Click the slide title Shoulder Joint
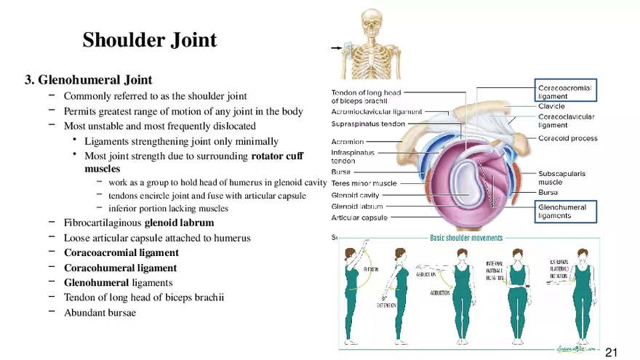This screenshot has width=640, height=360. [x=149, y=40]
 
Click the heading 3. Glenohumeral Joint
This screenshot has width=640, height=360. [x=88, y=79]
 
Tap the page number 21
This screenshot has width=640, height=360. [x=611, y=352]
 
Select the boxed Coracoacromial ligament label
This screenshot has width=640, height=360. [x=565, y=92]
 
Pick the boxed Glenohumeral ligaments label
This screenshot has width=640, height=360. [x=561, y=212]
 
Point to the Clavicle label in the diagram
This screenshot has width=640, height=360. [x=551, y=106]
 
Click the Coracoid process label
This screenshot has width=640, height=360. [x=567, y=138]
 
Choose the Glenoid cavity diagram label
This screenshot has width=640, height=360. [x=355, y=195]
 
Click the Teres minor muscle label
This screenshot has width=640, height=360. [x=364, y=183]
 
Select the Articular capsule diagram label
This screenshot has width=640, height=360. [x=359, y=217]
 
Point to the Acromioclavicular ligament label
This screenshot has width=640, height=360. [x=377, y=113]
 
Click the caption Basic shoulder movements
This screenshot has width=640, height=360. [x=465, y=238]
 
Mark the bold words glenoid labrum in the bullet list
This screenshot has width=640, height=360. [x=179, y=223]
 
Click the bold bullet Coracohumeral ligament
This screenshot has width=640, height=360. [x=120, y=268]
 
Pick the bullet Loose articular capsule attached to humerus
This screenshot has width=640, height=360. [x=156, y=238]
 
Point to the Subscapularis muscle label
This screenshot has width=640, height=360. [x=561, y=178]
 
